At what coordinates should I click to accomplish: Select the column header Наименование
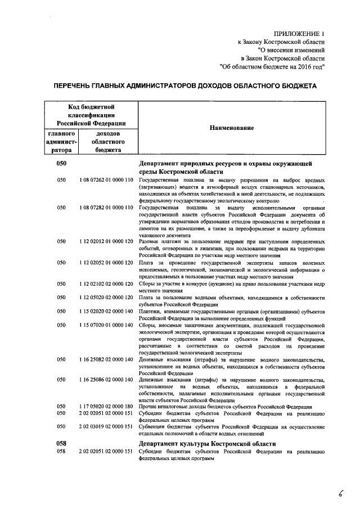pyautogui.click(x=231, y=128)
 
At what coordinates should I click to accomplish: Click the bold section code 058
pyautogui.click(x=61, y=444)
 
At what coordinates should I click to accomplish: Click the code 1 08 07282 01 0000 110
pyautogui.click(x=106, y=208)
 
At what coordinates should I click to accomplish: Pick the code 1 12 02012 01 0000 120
pyautogui.click(x=106, y=241)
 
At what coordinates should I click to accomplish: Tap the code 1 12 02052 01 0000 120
pyautogui.click(x=106, y=262)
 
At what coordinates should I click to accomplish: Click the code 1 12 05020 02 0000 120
pyautogui.click(x=106, y=297)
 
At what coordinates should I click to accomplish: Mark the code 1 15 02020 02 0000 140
pyautogui.click(x=106, y=311)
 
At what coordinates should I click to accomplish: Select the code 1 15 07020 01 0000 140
pyautogui.click(x=106, y=325)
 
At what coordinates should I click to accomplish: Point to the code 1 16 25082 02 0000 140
pyautogui.click(x=106, y=359)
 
